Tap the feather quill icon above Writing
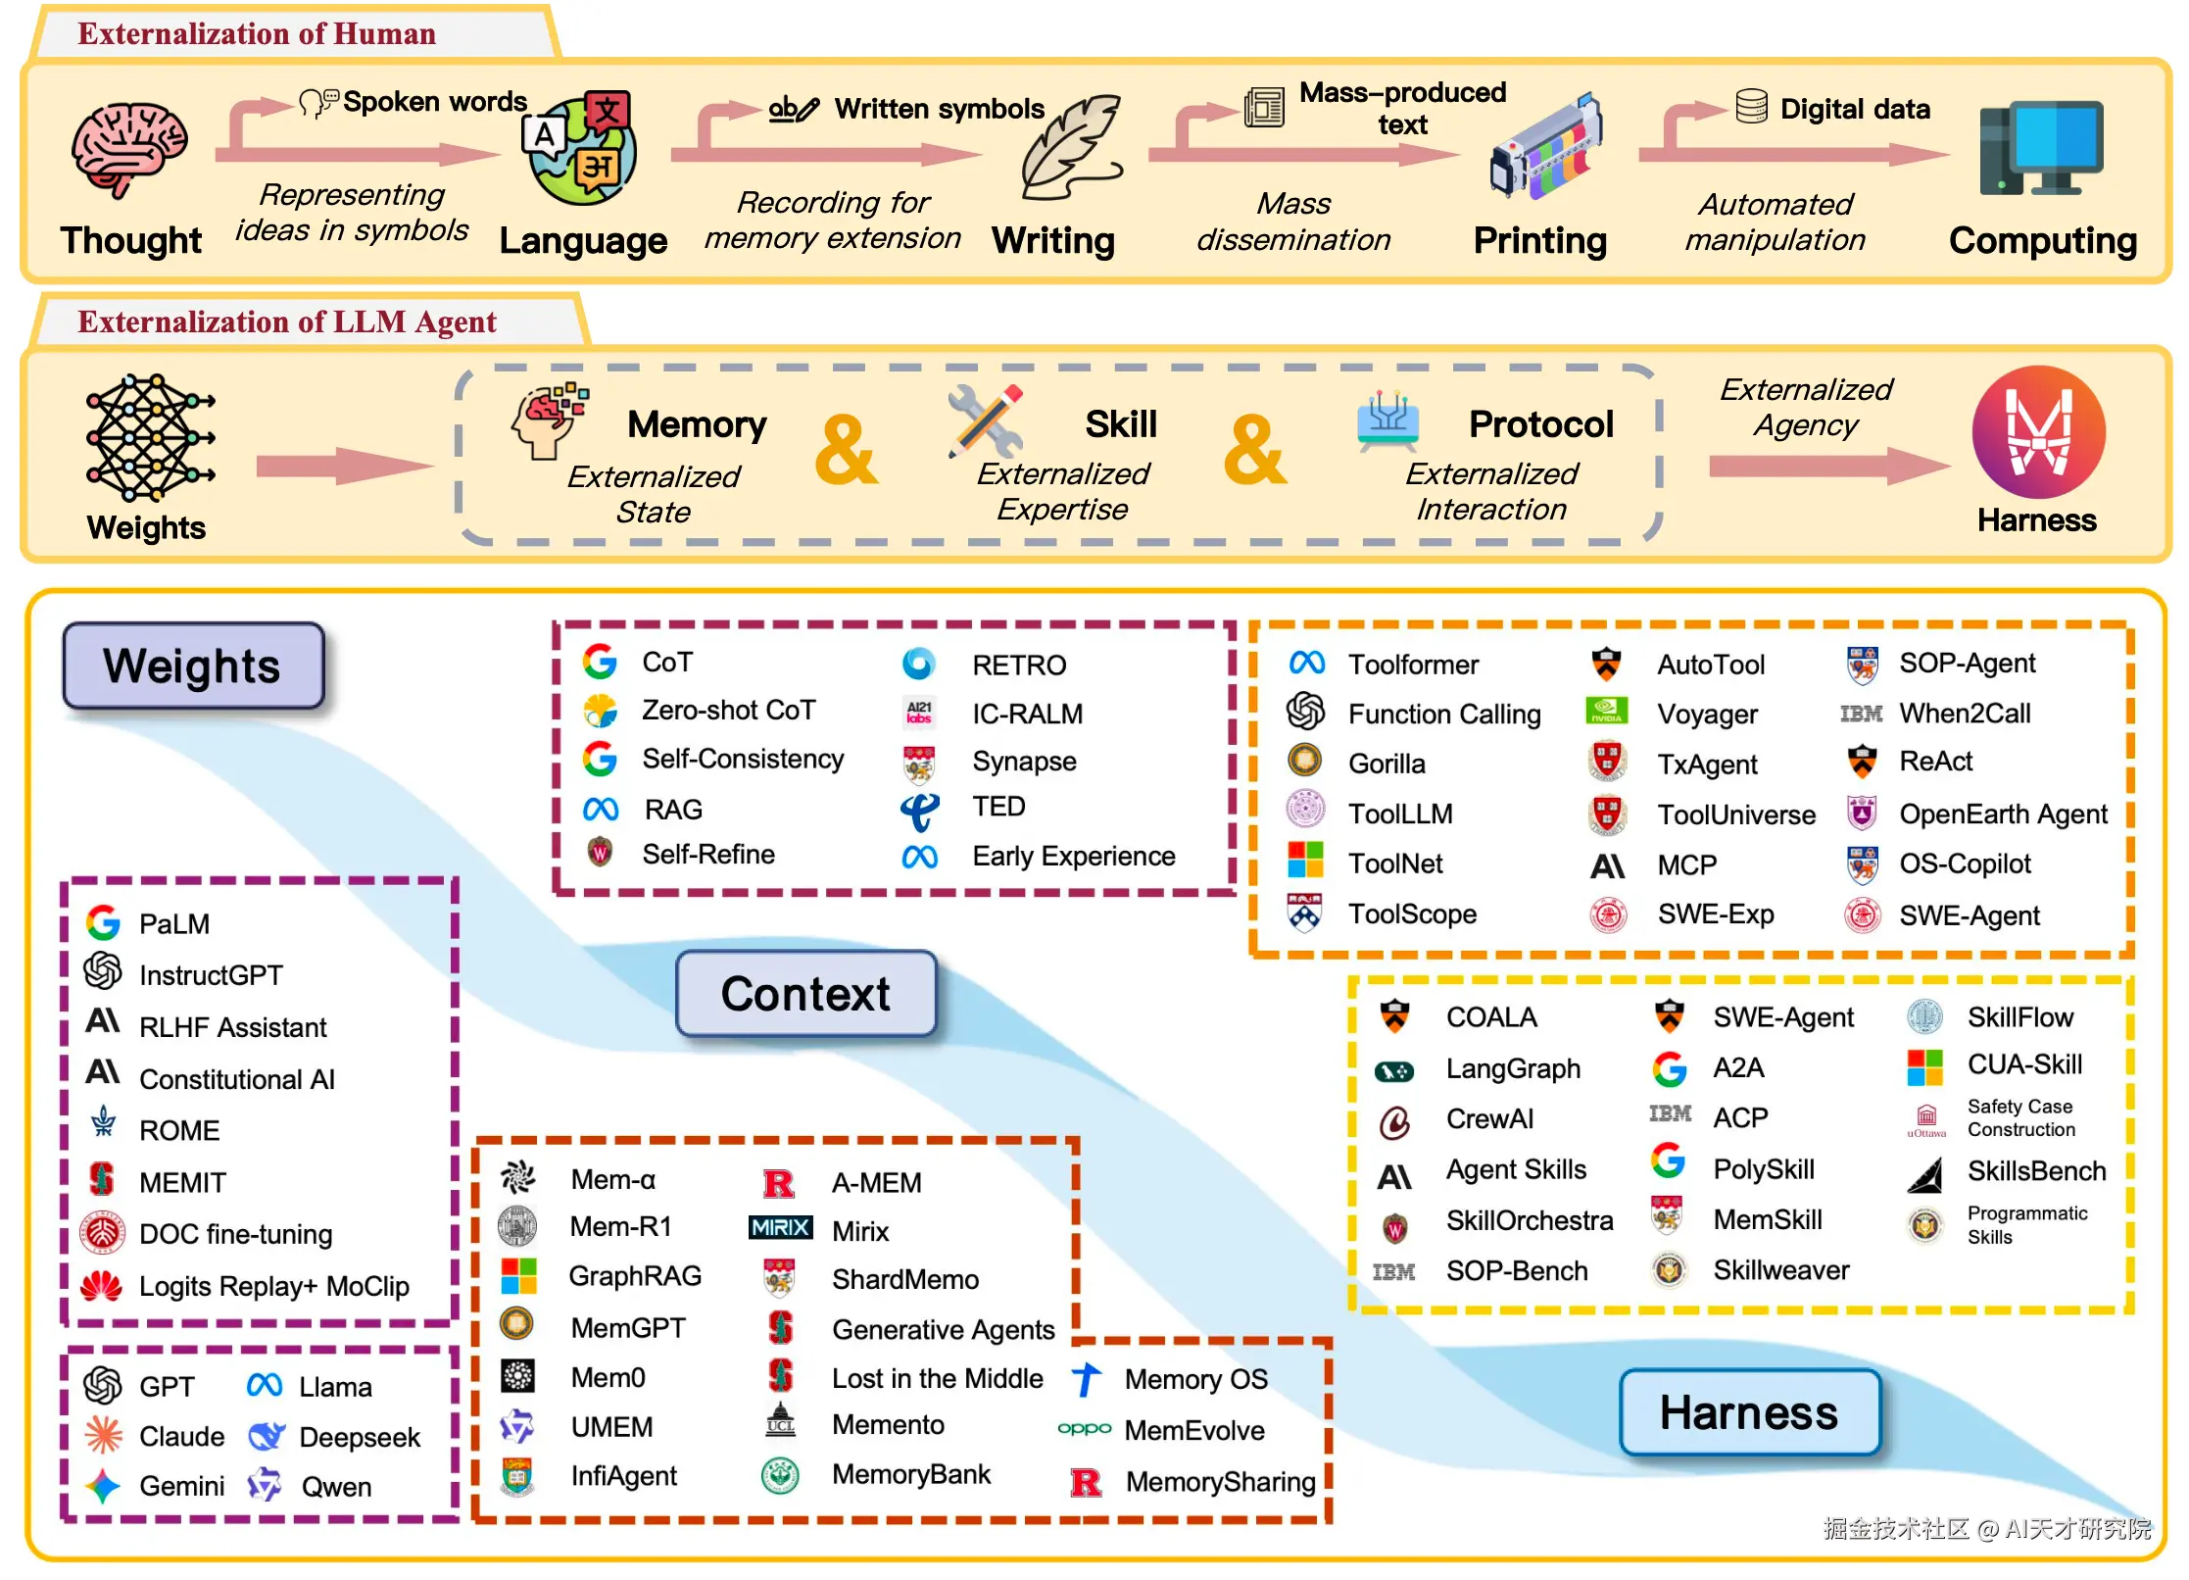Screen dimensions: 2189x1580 [x=1071, y=147]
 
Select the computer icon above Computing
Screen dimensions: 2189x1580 [x=2041, y=147]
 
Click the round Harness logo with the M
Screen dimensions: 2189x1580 [x=2038, y=432]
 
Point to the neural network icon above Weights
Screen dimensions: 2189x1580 [x=149, y=438]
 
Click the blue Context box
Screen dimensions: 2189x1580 [x=805, y=994]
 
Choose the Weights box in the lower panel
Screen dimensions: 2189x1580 [x=193, y=666]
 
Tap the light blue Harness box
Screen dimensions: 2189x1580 [x=1749, y=1412]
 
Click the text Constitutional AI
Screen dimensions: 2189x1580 [x=237, y=1079]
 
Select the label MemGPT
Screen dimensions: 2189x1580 [x=628, y=1328]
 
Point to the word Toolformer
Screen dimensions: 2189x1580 [x=1413, y=665]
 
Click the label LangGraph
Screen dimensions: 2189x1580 [x=1513, y=1068]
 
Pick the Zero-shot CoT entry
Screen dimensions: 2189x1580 [x=728, y=710]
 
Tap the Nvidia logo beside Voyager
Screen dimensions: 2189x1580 [x=1606, y=711]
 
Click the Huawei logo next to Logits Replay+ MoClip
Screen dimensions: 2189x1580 [x=102, y=1285]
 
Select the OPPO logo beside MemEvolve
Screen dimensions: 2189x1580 [x=1085, y=1428]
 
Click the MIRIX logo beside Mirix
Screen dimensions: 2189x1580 [x=781, y=1227]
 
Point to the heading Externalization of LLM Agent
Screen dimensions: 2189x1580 [x=287, y=321]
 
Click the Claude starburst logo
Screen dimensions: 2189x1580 [x=103, y=1435]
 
